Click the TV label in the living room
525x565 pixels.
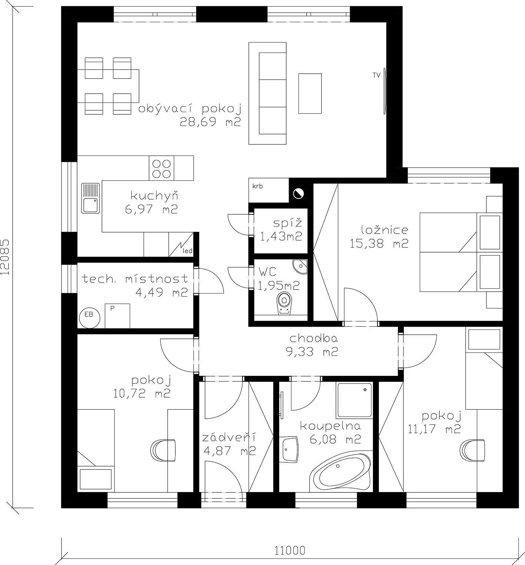tap(377, 76)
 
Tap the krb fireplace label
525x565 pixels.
tap(257, 186)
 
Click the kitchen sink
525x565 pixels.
tap(90, 198)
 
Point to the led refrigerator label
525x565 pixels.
tap(188, 251)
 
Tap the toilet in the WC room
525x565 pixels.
tap(284, 303)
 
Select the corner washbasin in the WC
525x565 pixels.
tap(301, 266)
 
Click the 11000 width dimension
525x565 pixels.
tap(290, 551)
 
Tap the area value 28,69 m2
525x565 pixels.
tap(211, 122)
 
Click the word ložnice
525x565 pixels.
tap(379, 230)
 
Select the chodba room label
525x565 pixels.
tap(313, 338)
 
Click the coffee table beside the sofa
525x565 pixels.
tap(310, 93)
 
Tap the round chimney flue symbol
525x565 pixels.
tap(298, 193)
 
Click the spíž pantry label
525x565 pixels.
tap(288, 223)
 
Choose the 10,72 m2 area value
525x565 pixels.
tap(142, 393)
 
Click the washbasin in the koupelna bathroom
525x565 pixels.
tap(289, 450)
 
